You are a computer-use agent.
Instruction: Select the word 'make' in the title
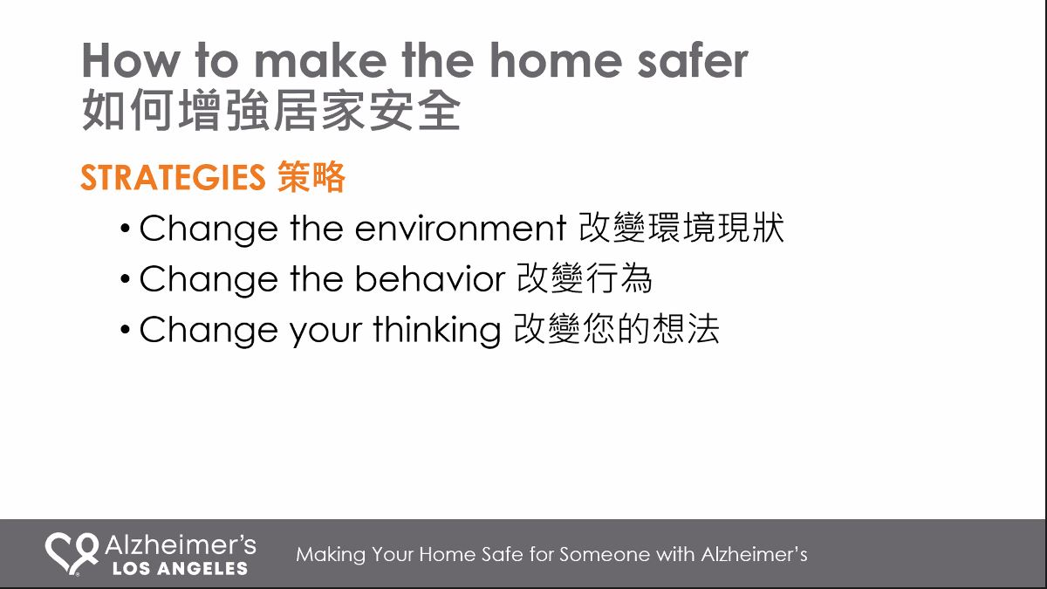point(320,61)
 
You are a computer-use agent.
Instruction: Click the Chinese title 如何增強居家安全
point(271,110)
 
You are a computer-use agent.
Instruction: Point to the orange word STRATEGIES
point(173,178)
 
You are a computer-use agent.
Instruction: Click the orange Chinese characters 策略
point(311,177)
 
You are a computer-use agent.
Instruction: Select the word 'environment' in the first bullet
point(461,229)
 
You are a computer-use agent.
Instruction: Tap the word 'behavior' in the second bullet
point(430,278)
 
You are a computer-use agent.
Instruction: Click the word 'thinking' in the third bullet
point(437,331)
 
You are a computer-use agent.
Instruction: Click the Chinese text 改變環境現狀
point(681,228)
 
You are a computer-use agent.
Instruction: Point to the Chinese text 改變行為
point(585,278)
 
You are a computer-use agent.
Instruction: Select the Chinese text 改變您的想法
point(617,329)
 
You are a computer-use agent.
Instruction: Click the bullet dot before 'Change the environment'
point(125,229)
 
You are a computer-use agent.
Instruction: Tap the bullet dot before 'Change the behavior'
point(125,279)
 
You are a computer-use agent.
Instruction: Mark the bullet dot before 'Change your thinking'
point(125,330)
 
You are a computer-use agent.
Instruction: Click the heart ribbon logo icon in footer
point(72,554)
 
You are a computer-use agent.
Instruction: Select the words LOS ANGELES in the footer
point(180,568)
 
